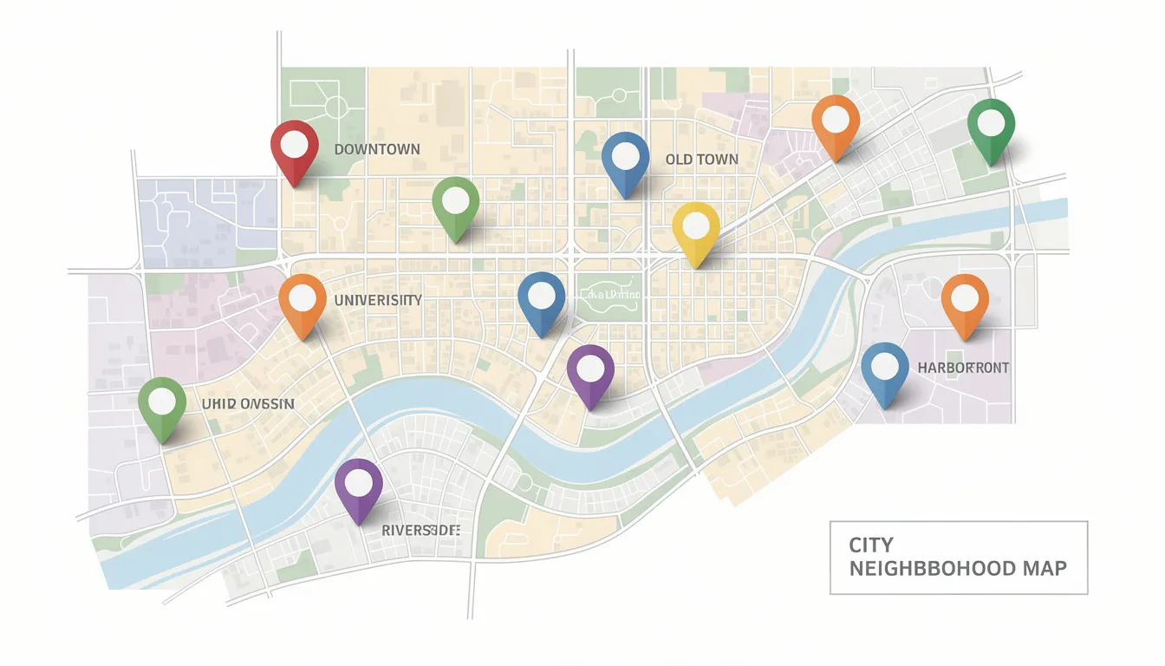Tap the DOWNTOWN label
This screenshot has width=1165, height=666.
point(377,149)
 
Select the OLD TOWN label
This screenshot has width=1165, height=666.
point(702,160)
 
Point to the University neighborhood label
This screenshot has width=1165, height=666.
point(378,301)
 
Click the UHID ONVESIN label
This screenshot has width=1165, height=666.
point(248,404)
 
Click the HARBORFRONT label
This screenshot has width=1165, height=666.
point(963,369)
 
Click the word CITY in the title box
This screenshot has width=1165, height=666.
point(870,545)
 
